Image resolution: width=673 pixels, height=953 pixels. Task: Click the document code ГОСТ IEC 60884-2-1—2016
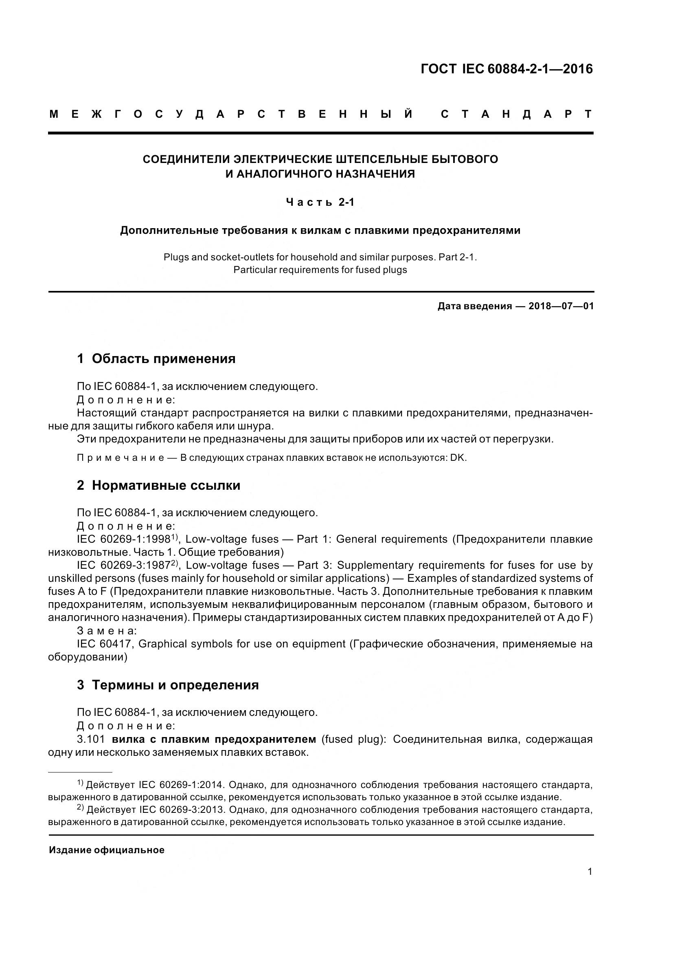[506, 69]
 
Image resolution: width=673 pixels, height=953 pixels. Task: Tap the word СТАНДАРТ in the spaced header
[516, 114]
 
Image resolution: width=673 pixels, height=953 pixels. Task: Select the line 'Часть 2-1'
[320, 202]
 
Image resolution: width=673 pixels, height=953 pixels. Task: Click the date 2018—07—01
[561, 306]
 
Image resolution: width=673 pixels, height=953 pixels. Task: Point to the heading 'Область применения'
[163, 359]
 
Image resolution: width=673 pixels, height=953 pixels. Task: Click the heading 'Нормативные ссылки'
[166, 485]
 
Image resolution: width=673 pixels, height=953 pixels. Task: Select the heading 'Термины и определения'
[175, 685]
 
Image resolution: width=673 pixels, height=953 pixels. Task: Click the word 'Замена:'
[107, 631]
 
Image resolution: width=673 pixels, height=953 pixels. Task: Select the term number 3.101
[90, 739]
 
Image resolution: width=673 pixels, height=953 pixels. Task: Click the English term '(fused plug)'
[354, 739]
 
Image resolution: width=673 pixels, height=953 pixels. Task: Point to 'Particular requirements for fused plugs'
[320, 270]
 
